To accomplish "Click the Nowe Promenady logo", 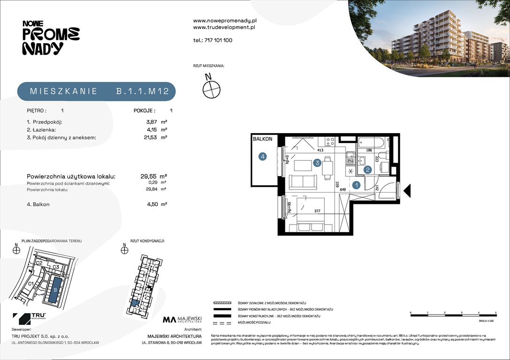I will (x=51, y=37).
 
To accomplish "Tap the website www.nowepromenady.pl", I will (x=225, y=21).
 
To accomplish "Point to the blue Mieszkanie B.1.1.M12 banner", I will (x=96, y=91).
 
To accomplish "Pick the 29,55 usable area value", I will (x=148, y=176).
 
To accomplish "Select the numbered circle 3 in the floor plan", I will (x=318, y=163).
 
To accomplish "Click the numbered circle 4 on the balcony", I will (x=263, y=157).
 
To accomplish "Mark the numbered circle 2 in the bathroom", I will (x=368, y=170).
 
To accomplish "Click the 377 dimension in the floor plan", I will (x=317, y=211).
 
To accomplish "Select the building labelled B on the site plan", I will (x=55, y=290).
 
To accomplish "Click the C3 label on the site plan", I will (x=55, y=267).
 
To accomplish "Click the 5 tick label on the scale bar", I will (x=495, y=312).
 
